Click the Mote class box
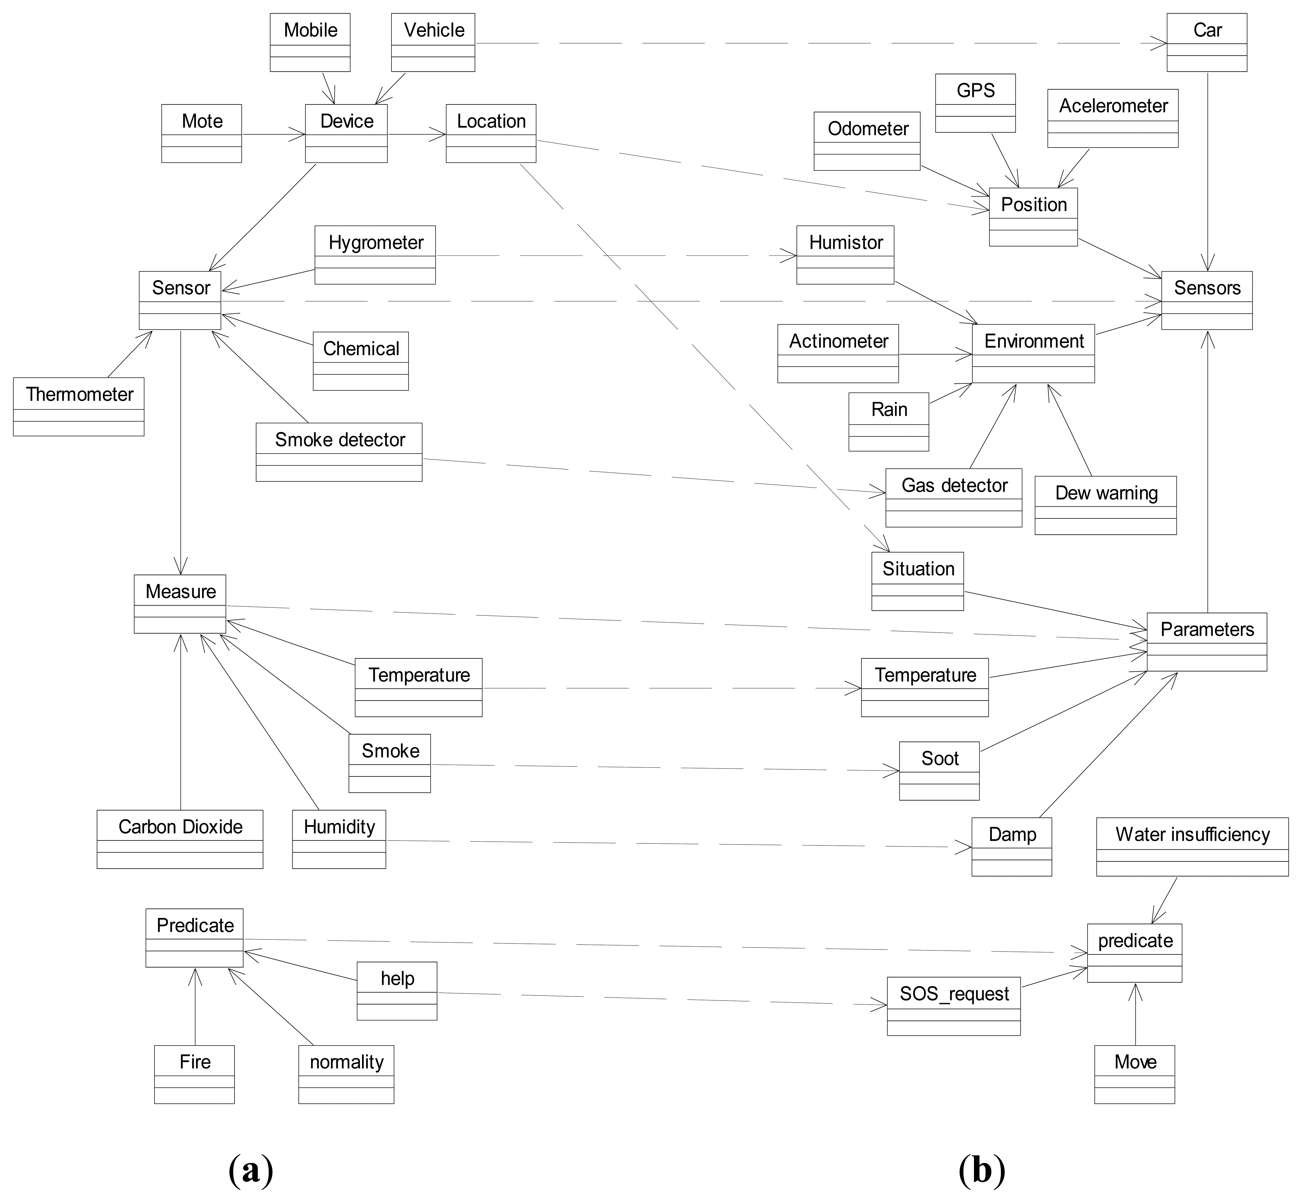202,134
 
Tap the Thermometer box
79,406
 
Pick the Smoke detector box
339,452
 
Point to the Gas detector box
954,497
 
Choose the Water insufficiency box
1192,846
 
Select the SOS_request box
954,1006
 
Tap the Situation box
917,581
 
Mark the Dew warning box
1105,505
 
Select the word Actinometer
839,341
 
